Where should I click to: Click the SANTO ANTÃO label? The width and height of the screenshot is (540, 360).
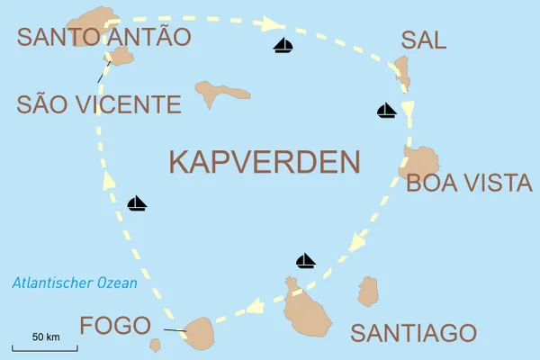[103, 37]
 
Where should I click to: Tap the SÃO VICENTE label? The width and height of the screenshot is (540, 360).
[99, 104]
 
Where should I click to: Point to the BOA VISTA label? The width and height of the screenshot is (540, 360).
[469, 184]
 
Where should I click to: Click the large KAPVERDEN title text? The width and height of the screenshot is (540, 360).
[265, 162]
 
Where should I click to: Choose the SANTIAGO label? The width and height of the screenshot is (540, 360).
[413, 332]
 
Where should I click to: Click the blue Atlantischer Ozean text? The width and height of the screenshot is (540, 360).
[75, 283]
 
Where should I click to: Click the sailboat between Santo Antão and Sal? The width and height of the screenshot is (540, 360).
[283, 46]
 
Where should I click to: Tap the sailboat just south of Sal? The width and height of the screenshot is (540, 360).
[386, 111]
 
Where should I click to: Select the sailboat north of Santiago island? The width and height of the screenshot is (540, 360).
[306, 261]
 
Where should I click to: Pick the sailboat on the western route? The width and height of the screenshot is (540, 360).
[137, 203]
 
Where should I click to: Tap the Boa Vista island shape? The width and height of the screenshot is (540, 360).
[420, 164]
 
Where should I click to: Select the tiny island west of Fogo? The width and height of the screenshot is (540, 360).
[156, 345]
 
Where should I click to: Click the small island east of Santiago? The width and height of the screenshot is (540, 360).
[367, 292]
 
